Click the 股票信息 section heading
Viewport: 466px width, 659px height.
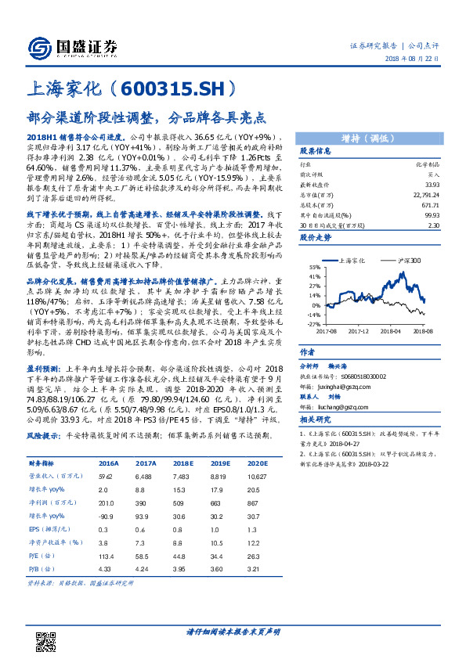[316, 151]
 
